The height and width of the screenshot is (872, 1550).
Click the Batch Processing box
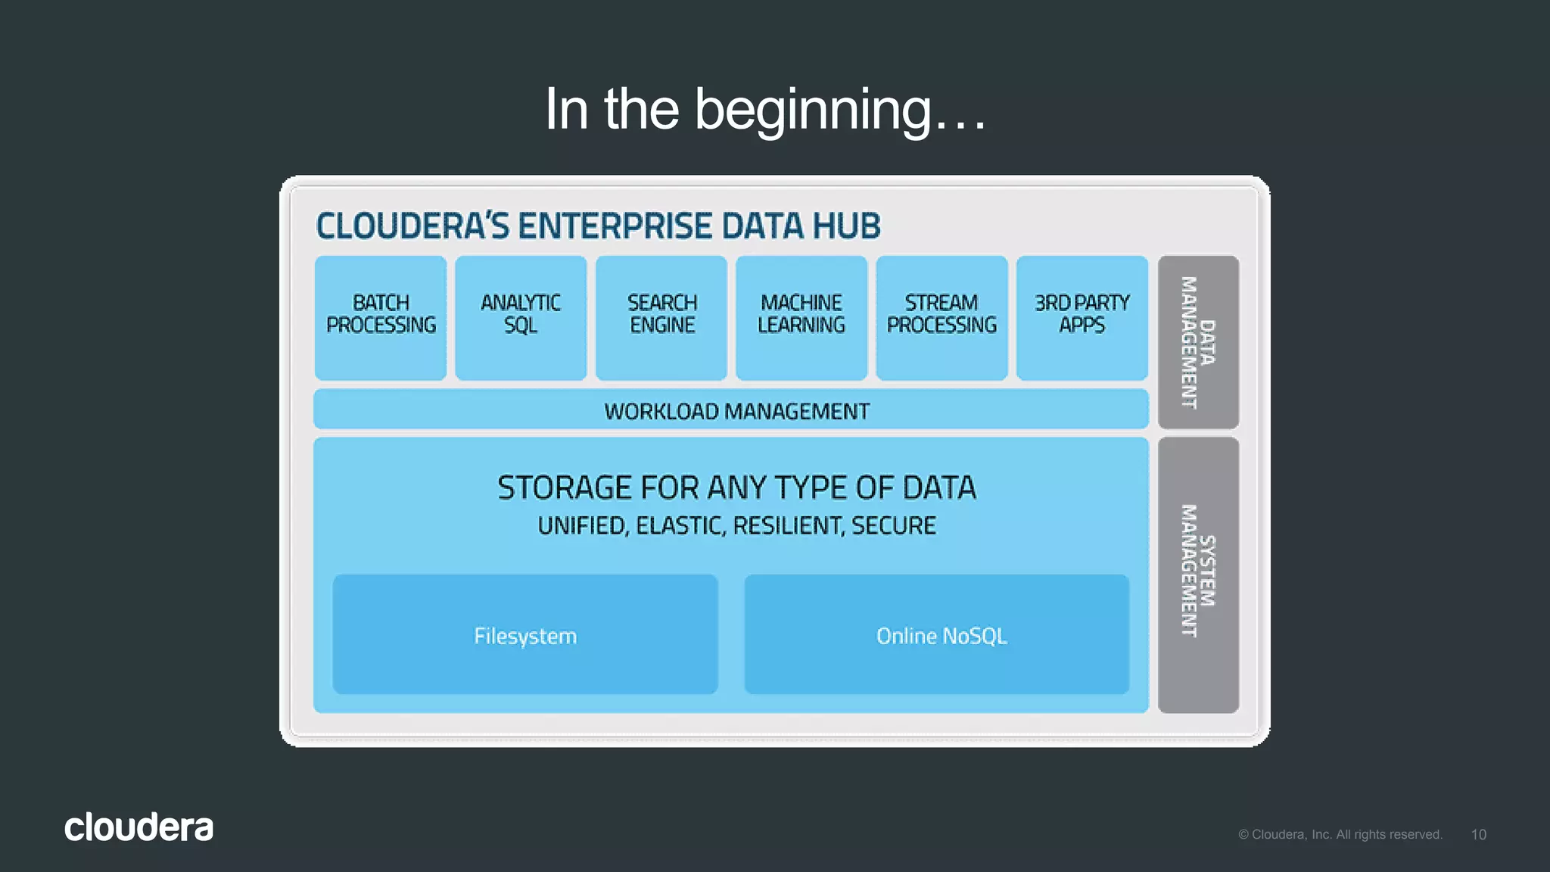click(381, 317)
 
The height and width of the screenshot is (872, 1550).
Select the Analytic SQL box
click(521, 317)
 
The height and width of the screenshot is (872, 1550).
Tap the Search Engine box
click(661, 317)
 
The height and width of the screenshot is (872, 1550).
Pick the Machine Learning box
click(801, 317)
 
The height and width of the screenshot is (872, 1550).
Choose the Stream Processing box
click(942, 317)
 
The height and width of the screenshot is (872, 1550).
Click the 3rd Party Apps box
click(1082, 317)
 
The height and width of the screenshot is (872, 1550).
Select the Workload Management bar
click(731, 410)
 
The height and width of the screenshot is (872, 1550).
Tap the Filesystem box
click(525, 634)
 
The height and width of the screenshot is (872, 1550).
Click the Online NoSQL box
click(937, 634)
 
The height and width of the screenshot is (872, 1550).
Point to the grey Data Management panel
click(1198, 342)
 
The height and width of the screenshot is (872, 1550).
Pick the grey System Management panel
click(1198, 574)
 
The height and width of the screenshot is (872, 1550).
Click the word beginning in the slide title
click(813, 110)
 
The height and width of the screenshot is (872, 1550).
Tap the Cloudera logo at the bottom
click(139, 827)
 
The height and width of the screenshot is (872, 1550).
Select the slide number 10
click(1478, 834)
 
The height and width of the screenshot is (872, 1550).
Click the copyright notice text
click(1340, 834)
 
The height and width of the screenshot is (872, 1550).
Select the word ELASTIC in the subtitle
click(680, 525)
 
